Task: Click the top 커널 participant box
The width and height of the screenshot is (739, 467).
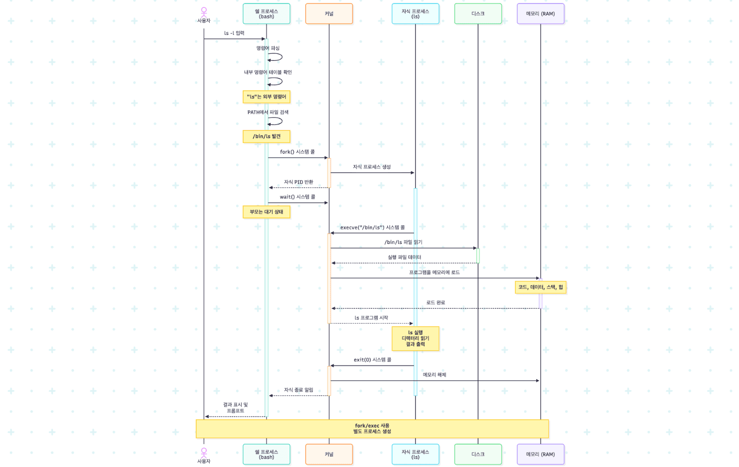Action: [329, 13]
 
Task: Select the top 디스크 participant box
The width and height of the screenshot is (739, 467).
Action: [478, 13]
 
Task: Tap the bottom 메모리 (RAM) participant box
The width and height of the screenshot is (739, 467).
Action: [540, 454]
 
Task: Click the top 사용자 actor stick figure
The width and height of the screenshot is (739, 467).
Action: [204, 12]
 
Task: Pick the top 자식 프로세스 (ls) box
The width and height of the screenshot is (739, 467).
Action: [415, 13]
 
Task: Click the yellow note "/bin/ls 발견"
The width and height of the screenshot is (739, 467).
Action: [266, 136]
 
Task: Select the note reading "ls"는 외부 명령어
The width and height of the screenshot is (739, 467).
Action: [266, 97]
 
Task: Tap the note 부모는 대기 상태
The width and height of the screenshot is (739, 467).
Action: [266, 212]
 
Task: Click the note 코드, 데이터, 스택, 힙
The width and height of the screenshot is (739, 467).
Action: [540, 287]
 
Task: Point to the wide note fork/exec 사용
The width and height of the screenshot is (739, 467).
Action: [372, 429]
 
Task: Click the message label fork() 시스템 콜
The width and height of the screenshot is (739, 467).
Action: [297, 152]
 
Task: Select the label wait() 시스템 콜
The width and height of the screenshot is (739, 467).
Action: [297, 197]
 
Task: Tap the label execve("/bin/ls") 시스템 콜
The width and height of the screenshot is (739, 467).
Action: [372, 228]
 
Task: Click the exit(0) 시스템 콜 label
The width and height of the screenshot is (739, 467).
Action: [372, 360]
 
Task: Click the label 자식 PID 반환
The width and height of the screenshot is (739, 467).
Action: [299, 182]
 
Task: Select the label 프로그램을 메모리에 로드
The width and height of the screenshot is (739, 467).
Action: [434, 272]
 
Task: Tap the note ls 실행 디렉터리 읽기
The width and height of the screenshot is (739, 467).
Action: [415, 338]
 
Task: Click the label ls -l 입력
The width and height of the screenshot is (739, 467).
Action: [234, 33]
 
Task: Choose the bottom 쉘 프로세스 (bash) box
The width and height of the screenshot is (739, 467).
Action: [266, 454]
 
